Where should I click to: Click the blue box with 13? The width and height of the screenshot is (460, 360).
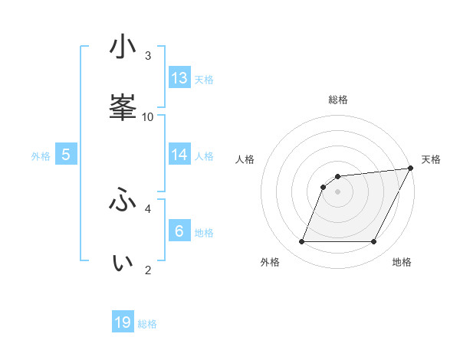click(x=179, y=77)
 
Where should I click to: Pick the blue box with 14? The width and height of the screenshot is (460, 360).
click(x=179, y=155)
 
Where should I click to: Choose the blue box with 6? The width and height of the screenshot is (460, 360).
click(x=179, y=231)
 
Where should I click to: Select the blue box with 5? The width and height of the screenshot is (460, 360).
click(x=66, y=155)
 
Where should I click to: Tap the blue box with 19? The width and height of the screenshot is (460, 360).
click(x=123, y=322)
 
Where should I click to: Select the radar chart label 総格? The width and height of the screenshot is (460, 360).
click(x=338, y=100)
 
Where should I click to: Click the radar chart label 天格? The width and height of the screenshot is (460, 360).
click(x=431, y=159)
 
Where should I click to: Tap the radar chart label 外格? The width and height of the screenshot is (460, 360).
click(x=270, y=263)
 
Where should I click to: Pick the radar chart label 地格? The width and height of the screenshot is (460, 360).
click(x=402, y=263)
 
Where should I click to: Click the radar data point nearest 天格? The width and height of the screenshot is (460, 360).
click(x=411, y=169)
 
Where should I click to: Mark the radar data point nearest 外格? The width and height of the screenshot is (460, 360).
click(x=301, y=242)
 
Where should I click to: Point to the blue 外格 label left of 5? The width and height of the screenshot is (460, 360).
click(x=41, y=155)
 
